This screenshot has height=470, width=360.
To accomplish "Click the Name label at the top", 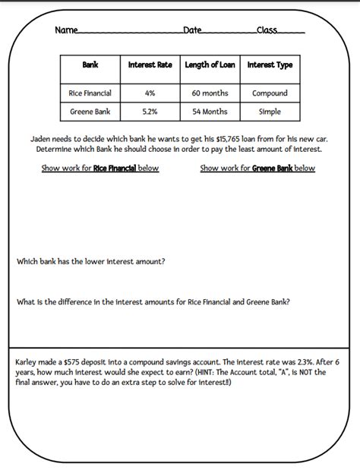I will pos(66,30).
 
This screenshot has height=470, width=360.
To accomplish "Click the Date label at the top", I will pos(192,30).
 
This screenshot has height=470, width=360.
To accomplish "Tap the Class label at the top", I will pos(267,30).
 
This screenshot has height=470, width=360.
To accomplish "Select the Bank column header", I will pos(90,65).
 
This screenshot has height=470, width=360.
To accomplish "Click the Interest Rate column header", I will pos(150,65).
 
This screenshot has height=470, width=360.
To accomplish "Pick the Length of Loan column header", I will pos(210,65).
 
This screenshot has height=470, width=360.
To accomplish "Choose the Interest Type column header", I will pos(270,65).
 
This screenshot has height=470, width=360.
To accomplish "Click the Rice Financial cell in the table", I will pos(90,93).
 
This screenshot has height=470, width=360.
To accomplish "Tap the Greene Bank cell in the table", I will pos(90,112).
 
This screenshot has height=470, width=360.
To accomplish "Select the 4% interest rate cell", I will pos(150,93).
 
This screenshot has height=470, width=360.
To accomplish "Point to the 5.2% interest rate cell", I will pos(150,112).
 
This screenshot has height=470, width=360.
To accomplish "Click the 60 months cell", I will pos(210,93).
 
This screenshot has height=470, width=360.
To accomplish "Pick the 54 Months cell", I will pos(210,112).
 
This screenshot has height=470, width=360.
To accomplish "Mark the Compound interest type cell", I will pos(270,93).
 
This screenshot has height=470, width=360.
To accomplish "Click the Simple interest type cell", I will pos(270,112).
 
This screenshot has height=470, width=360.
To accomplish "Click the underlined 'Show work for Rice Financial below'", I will pos(100,169).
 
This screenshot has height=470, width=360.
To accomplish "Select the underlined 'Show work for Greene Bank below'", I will pos(257,169).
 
